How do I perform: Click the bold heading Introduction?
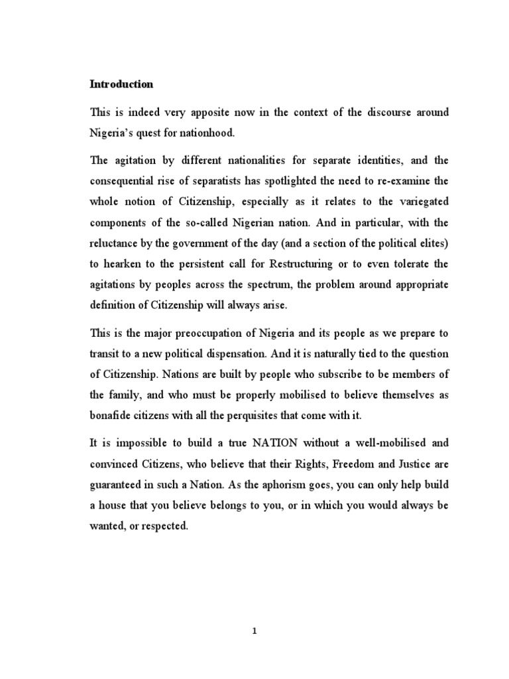coord(121,84)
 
